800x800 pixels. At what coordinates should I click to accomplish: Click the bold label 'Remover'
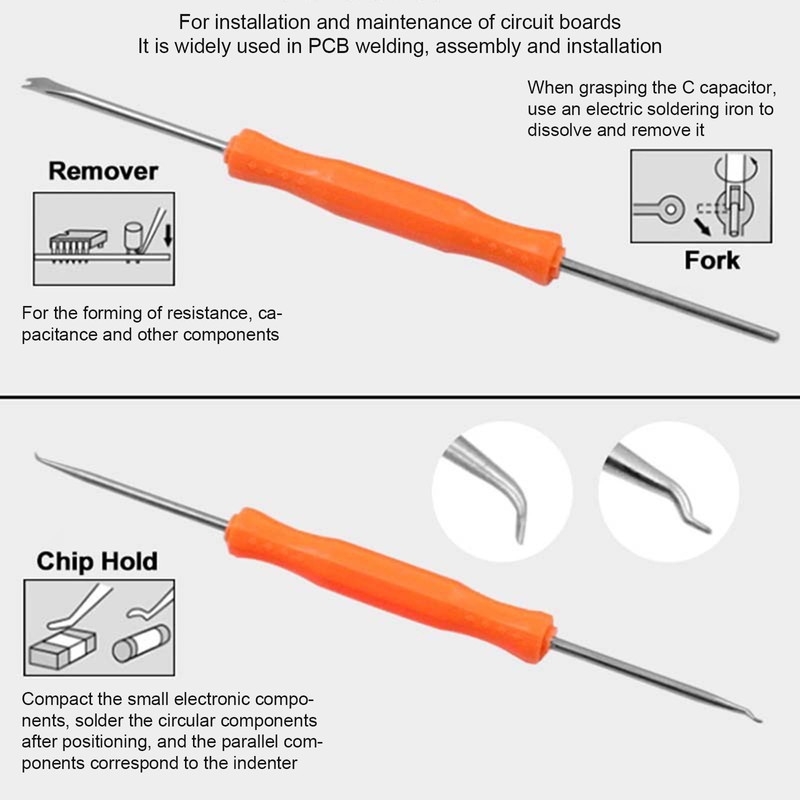point(103,171)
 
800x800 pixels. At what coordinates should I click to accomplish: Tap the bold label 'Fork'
point(712,261)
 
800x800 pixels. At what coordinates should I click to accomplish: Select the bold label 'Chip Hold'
point(97,561)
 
